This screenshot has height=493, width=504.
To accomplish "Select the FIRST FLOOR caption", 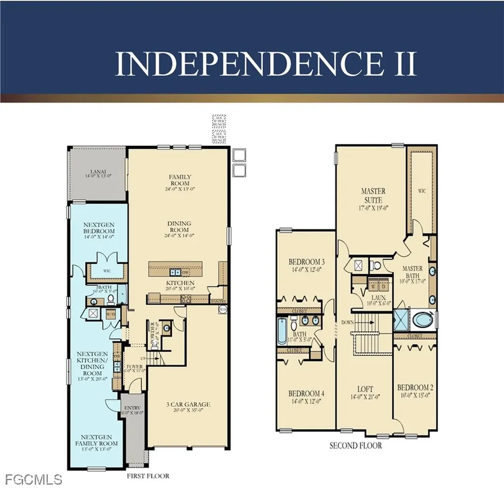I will [148, 476].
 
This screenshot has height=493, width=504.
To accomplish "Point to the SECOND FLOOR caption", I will [355, 446].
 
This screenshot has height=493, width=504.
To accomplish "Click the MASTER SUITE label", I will [374, 195].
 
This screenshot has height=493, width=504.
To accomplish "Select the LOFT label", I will [365, 388].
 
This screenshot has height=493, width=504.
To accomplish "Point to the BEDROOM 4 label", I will [306, 393].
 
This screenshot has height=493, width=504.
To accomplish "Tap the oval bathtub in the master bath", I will [424, 319].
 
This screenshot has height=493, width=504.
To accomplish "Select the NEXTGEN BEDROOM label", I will [98, 228].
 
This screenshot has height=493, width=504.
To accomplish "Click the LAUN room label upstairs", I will [378, 298].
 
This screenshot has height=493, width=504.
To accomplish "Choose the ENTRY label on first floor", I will [132, 408].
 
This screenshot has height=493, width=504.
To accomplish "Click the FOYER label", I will [134, 367].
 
